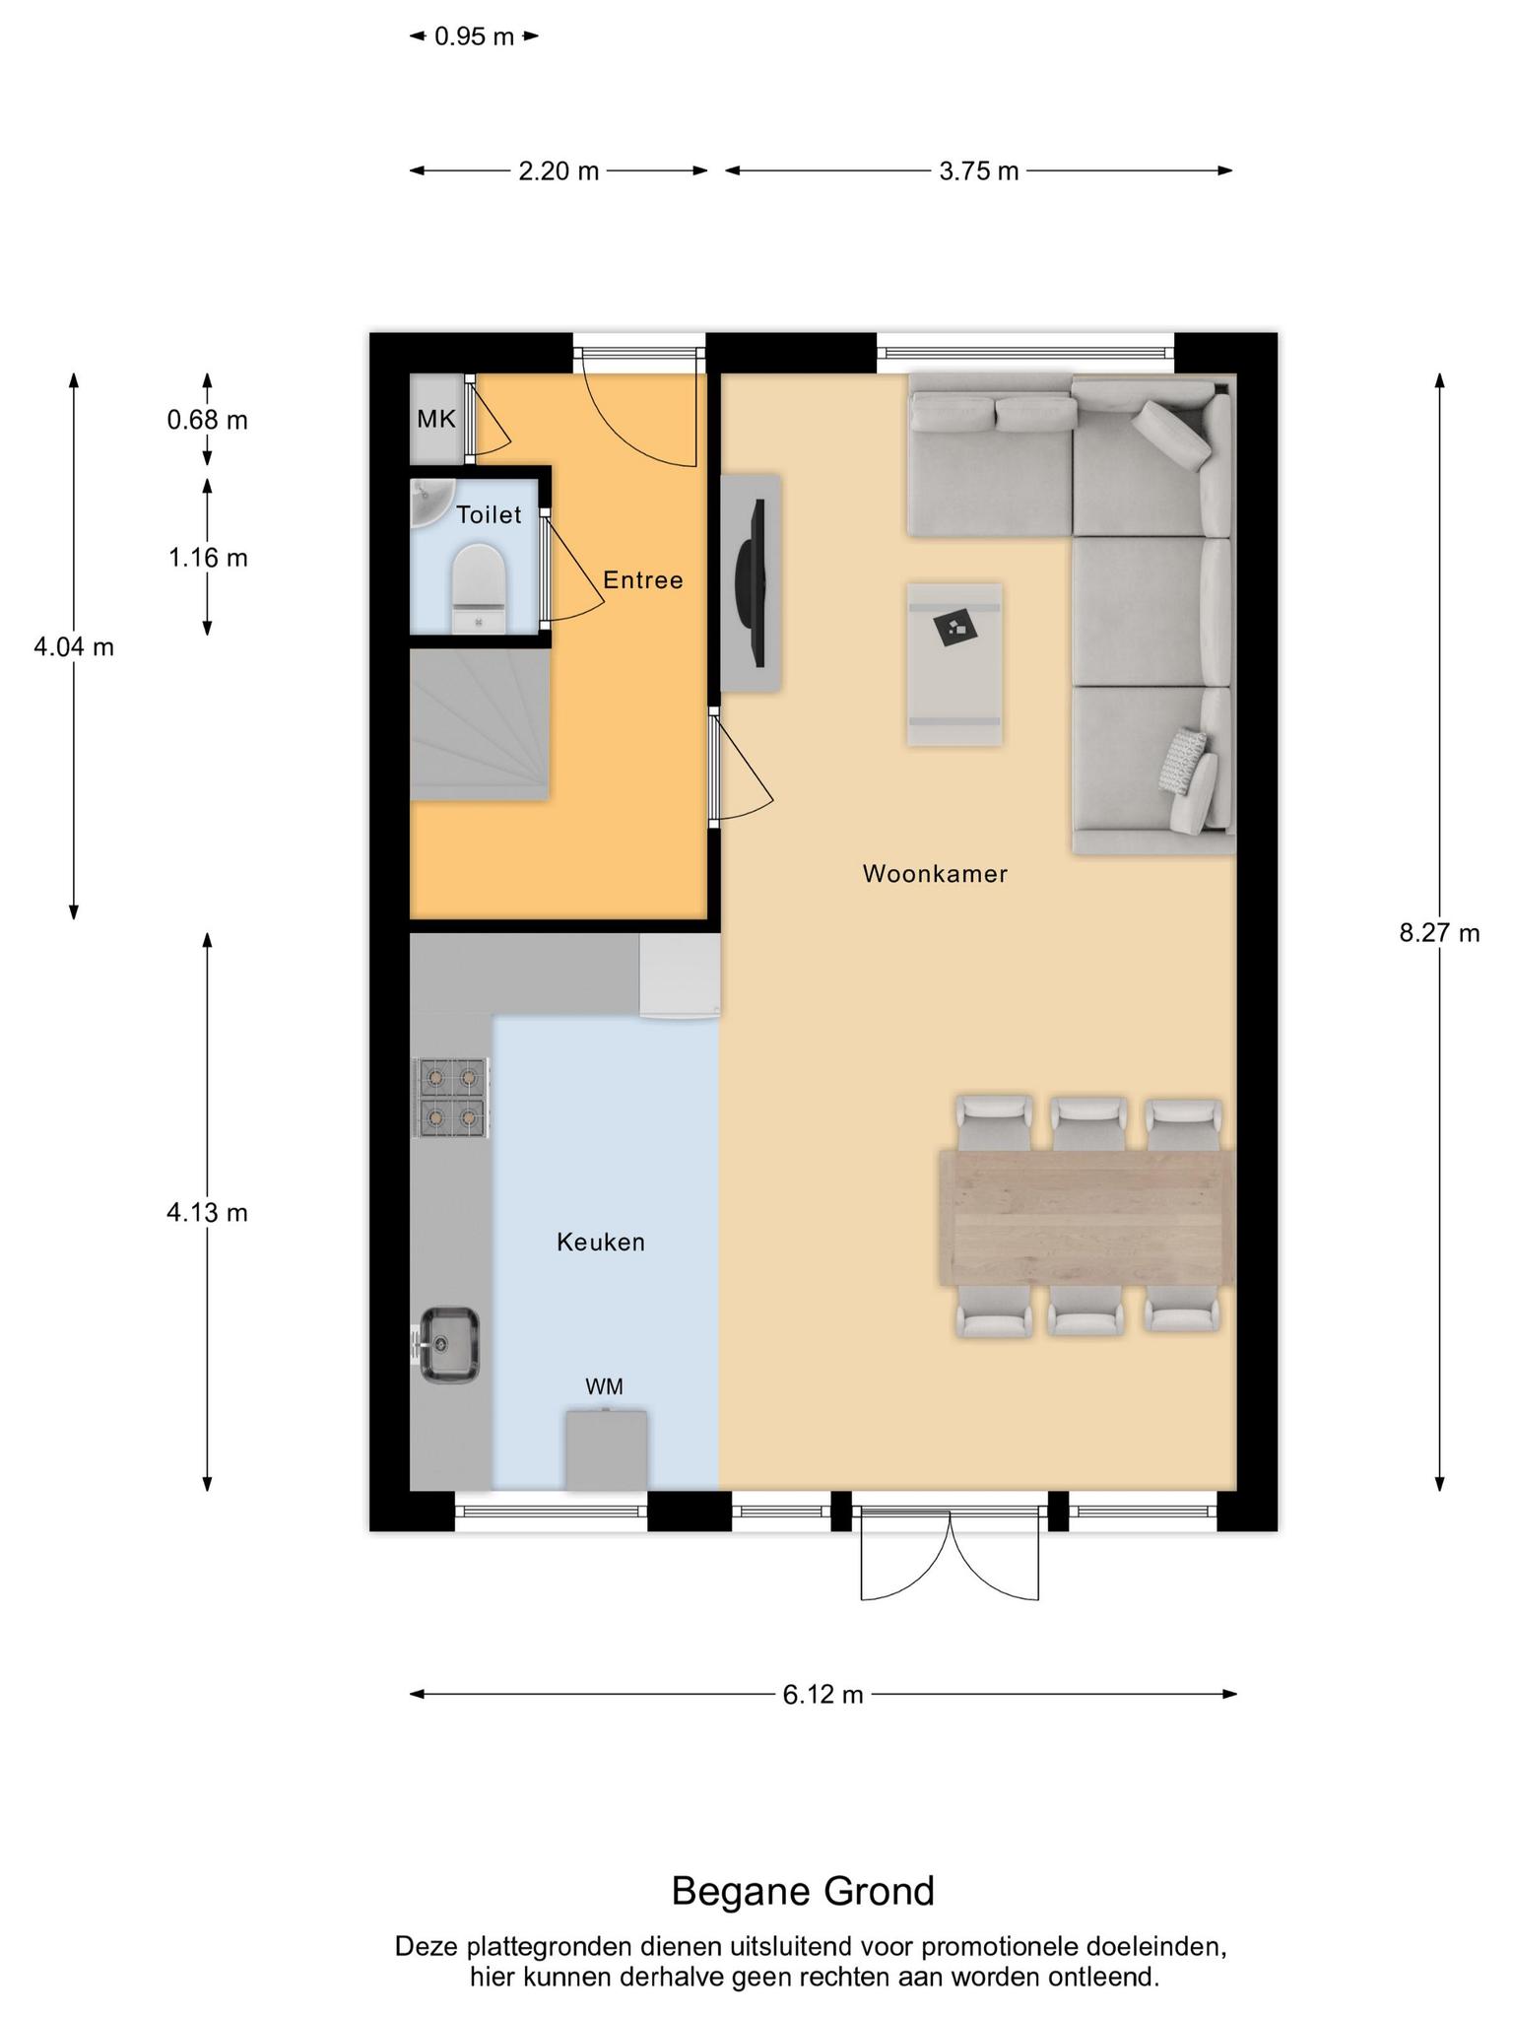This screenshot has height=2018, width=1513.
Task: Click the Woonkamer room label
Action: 935,874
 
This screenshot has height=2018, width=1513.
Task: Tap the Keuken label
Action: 601,1243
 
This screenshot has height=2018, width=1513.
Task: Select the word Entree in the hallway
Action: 643,580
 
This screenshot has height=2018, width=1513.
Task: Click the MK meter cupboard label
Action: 436,420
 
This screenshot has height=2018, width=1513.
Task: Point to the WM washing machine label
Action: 604,1387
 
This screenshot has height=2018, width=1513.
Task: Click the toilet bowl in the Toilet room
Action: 479,588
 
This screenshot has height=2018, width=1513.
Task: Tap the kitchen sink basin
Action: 450,1345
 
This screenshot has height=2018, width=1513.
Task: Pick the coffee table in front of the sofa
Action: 954,664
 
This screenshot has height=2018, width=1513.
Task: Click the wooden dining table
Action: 1086,1217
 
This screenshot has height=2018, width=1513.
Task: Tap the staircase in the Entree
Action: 480,724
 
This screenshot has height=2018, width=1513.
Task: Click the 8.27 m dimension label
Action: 1439,932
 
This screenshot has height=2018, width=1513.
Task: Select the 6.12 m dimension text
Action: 822,1694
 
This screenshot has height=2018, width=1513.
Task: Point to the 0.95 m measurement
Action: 474,37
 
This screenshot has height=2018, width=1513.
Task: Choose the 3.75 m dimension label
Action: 978,171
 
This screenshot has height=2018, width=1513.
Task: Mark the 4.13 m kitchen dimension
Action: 207,1213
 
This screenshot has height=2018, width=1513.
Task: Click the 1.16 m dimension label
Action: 207,559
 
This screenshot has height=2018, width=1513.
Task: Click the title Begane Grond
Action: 803,1892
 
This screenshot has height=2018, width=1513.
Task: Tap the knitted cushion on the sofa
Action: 1182,760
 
